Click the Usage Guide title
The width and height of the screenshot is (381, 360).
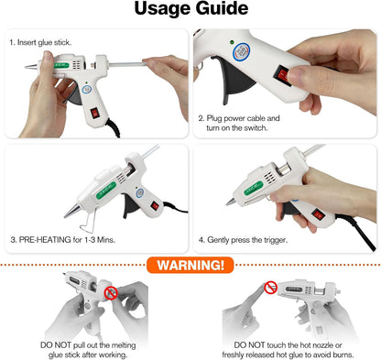[190, 10]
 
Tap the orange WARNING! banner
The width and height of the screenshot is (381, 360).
[190, 267]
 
